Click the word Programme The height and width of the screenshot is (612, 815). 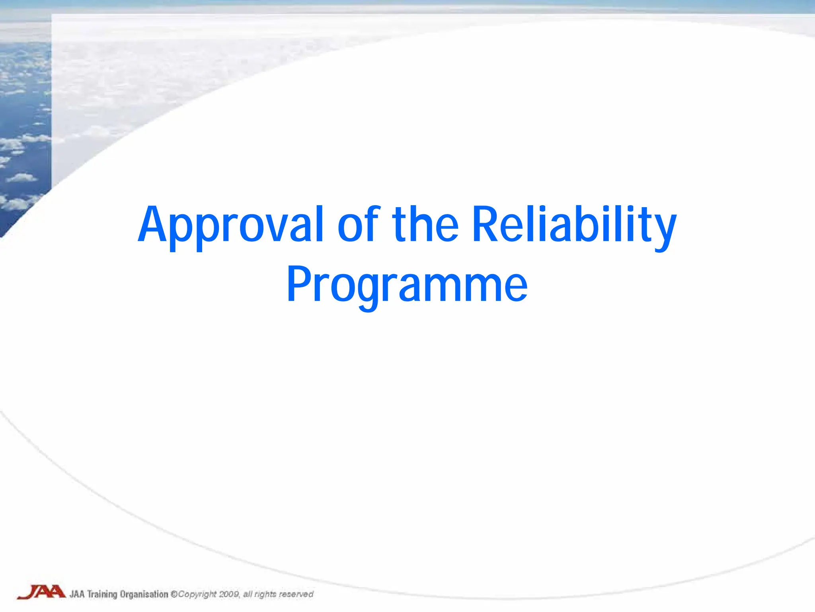[407, 285]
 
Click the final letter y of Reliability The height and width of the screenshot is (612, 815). [664, 229]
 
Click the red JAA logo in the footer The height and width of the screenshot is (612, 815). [41, 592]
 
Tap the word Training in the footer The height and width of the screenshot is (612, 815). [102, 594]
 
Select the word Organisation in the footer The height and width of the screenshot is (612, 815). [144, 594]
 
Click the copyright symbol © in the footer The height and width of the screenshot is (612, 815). [174, 594]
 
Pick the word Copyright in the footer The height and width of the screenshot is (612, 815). [197, 594]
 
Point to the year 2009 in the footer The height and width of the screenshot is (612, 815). [229, 594]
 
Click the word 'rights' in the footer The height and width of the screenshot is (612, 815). [265, 594]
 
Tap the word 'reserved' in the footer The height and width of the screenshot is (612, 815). [296, 594]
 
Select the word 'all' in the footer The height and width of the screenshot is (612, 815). [248, 594]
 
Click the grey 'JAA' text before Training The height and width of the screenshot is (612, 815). [77, 594]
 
